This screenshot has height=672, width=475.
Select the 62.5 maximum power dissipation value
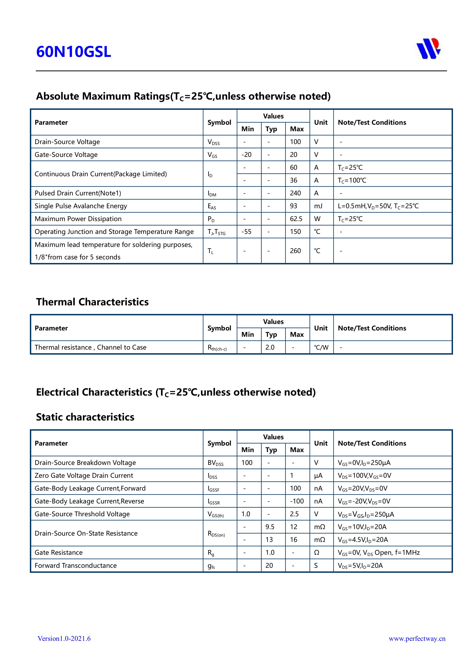click(x=296, y=219)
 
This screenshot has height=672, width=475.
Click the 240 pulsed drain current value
click(x=295, y=193)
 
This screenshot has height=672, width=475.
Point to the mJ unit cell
click(x=318, y=206)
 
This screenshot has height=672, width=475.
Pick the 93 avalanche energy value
click(x=294, y=206)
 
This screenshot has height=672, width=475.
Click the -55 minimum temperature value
click(x=247, y=232)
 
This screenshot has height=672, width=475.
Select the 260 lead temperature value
click(x=295, y=251)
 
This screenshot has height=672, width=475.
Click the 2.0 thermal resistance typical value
click(x=270, y=347)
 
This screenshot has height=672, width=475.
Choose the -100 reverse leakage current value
click(x=297, y=501)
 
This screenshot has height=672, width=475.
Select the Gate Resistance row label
click(x=59, y=553)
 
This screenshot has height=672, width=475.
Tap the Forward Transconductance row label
click(x=75, y=565)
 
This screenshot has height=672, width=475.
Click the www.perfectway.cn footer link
click(x=417, y=639)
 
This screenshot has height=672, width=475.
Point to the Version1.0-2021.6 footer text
click(x=64, y=639)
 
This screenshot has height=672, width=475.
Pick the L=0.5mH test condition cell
click(x=378, y=206)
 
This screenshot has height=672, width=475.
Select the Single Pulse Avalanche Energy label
click(x=81, y=206)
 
